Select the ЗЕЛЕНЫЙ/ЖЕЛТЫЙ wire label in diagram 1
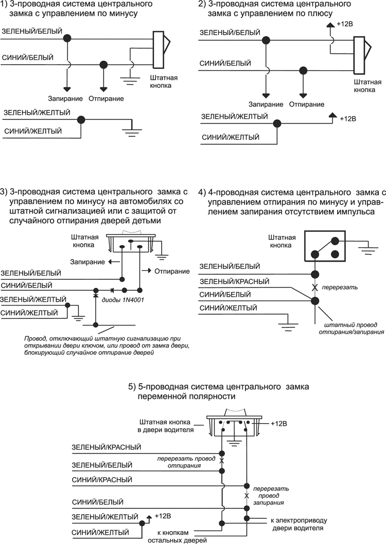tap(37, 112)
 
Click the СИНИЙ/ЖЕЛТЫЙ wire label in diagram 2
tap(230, 137)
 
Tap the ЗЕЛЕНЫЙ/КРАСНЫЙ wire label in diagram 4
tap(235, 281)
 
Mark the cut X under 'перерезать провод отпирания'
tap(222, 461)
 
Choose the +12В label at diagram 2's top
tap(343, 25)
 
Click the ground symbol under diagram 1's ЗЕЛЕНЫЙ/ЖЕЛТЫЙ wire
tap(132, 131)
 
